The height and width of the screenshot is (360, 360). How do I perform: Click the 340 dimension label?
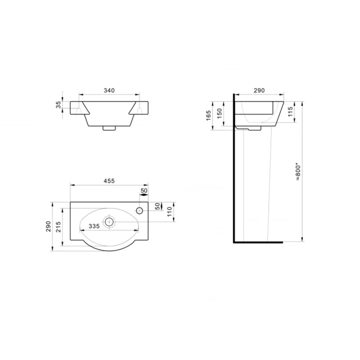(x=109, y=91)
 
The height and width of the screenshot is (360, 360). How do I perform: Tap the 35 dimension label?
(x=58, y=105)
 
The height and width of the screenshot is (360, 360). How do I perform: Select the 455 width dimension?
(x=109, y=181)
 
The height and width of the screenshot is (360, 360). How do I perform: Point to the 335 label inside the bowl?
(x=94, y=226)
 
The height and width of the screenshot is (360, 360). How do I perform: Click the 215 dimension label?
(x=58, y=227)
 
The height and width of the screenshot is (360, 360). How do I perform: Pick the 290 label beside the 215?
(x=48, y=226)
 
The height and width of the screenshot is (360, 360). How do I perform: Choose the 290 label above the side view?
(x=259, y=91)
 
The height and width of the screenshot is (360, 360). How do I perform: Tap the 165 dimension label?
(x=209, y=115)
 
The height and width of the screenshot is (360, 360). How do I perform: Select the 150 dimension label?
(x=219, y=114)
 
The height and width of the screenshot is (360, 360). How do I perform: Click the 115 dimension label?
(x=290, y=111)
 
